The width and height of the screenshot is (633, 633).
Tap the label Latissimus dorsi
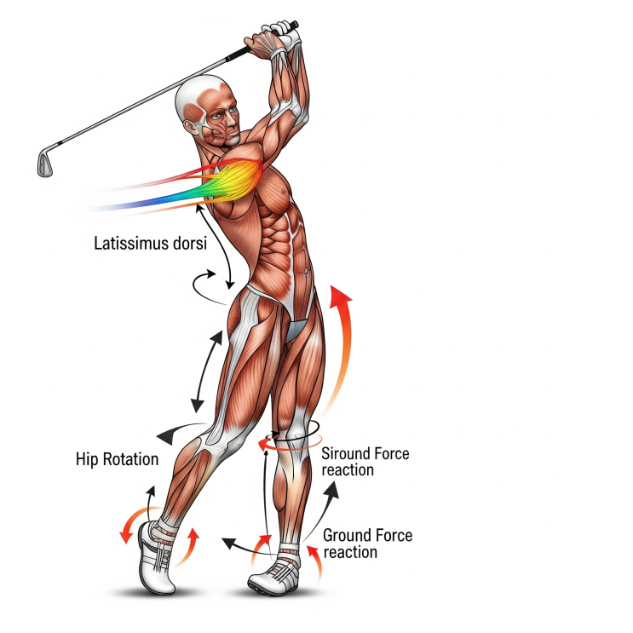point(151,244)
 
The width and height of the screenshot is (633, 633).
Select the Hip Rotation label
point(117,459)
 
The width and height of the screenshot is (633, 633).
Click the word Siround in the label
point(344,453)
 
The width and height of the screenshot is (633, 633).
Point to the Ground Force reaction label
point(367,544)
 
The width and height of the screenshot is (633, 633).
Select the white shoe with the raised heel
point(156,557)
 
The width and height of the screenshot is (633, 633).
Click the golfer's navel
point(307,270)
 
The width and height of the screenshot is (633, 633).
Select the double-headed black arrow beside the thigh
point(207,371)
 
